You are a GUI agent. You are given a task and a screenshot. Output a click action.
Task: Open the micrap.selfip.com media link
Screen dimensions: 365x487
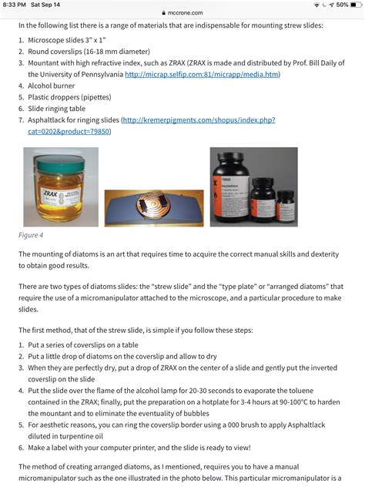click(x=202, y=75)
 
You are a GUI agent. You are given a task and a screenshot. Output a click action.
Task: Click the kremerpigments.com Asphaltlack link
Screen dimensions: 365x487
click(x=198, y=121)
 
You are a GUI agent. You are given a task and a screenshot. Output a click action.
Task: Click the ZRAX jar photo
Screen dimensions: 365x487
click(x=54, y=181)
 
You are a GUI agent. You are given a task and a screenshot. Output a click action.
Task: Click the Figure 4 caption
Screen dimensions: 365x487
click(x=31, y=235)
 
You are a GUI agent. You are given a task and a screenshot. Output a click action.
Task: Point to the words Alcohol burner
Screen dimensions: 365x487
click(x=52, y=86)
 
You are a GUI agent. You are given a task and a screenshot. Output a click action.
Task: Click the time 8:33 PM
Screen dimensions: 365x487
click(x=13, y=5)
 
